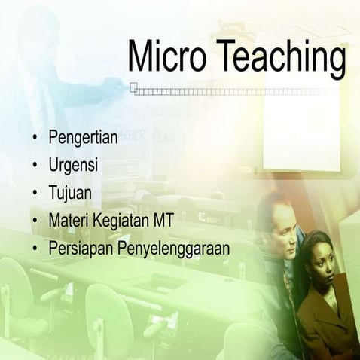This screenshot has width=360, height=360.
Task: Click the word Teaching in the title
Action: click(x=279, y=57)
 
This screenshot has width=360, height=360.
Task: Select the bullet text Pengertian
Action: click(x=82, y=139)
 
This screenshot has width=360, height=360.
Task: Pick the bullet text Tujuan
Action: click(x=70, y=193)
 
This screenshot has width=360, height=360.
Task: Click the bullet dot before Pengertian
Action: click(x=35, y=139)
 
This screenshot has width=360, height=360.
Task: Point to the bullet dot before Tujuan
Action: click(x=35, y=193)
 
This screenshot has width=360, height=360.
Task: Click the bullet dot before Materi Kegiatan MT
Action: click(x=35, y=220)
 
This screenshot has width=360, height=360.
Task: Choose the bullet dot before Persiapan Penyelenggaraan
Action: click(x=35, y=247)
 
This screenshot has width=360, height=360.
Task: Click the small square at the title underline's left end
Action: click(x=133, y=87)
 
